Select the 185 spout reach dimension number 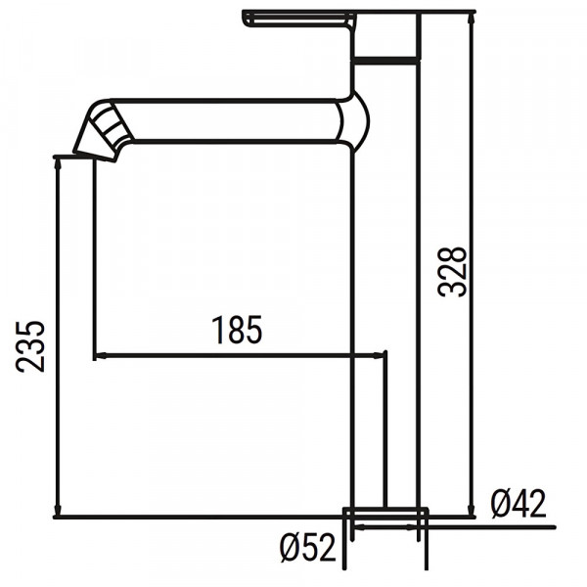click(x=238, y=331)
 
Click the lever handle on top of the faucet click(x=298, y=21)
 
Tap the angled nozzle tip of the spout click(x=104, y=133)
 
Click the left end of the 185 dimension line click(x=96, y=355)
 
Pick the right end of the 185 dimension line click(x=385, y=355)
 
